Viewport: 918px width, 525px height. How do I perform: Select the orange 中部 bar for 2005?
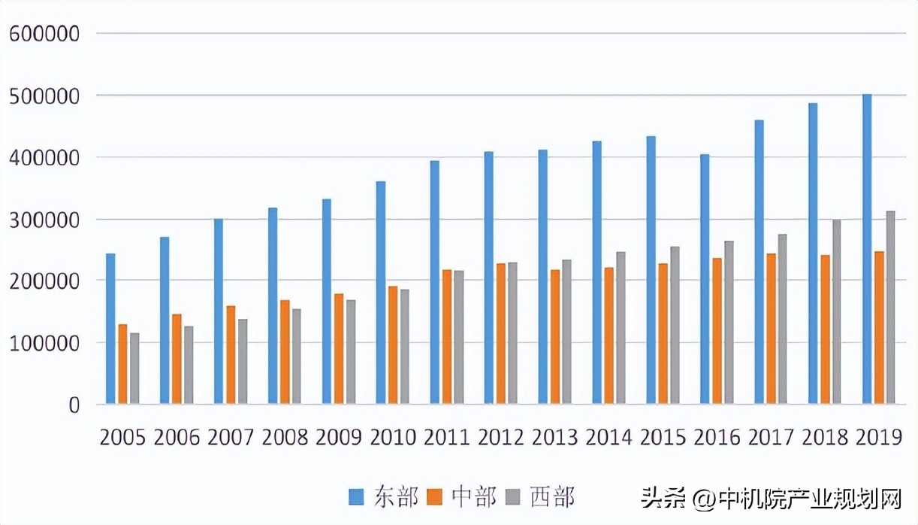coord(122,364)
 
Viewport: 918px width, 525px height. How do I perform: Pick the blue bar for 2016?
coord(705,279)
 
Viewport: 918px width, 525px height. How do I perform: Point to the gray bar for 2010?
coord(404,347)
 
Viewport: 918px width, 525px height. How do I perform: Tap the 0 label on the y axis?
coord(74,405)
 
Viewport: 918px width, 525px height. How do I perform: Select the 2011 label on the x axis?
coord(447,437)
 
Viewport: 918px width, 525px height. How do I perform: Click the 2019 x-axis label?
coord(879,437)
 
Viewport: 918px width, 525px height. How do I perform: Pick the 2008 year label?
coord(285,437)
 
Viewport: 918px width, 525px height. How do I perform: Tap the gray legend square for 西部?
coord(513,497)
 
